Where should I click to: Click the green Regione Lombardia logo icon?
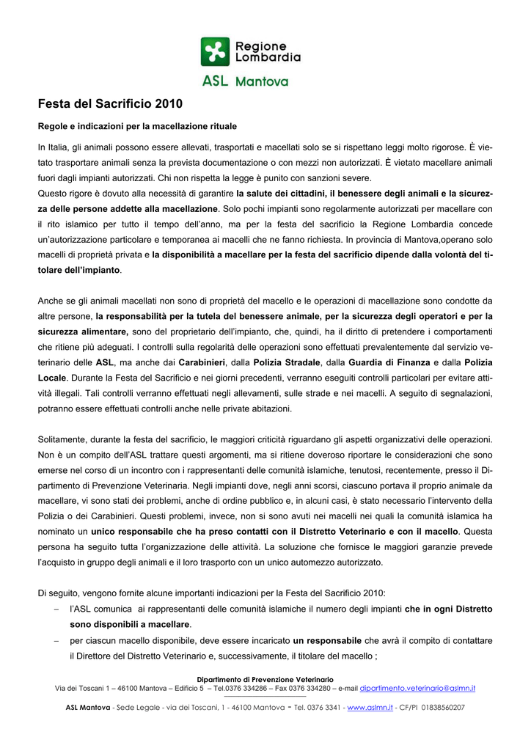click(215, 51)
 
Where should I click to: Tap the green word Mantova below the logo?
click(262, 82)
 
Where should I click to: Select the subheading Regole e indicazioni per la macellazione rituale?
click(137, 127)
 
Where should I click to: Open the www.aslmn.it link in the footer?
click(370, 708)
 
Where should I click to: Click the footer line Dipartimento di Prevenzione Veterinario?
click(265, 680)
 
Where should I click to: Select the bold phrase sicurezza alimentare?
click(83, 331)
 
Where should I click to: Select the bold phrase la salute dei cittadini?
click(281, 194)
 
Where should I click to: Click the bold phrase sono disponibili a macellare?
click(130, 625)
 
